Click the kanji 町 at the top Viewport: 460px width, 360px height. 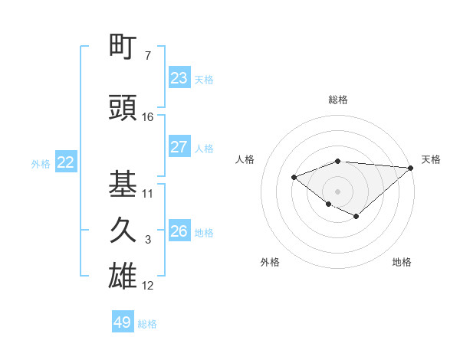pyautogui.click(x=123, y=47)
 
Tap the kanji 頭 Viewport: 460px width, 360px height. pyautogui.click(x=123, y=109)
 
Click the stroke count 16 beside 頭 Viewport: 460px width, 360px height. pyautogui.click(x=148, y=117)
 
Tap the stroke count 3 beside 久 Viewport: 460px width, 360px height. pyautogui.click(x=148, y=240)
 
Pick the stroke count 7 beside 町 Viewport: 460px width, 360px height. pyautogui.click(x=147, y=56)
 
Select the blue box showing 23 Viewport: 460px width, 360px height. pyautogui.click(x=179, y=78)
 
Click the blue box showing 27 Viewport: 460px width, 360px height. pyautogui.click(x=179, y=147)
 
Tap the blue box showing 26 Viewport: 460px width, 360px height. pyautogui.click(x=179, y=231)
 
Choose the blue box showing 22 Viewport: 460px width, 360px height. pyautogui.click(x=66, y=162)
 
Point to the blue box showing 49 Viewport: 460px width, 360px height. pyautogui.click(x=123, y=322)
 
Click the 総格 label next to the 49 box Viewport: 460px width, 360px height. pyautogui.click(x=148, y=324)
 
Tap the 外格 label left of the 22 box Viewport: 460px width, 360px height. pyautogui.click(x=41, y=163)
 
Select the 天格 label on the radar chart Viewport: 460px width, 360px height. pyautogui.click(x=431, y=159)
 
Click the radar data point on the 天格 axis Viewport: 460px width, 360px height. pyautogui.click(x=410, y=168)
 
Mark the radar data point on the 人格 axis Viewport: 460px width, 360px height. pyautogui.click(x=294, y=178)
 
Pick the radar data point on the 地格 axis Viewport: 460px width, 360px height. pyautogui.click(x=356, y=217)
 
